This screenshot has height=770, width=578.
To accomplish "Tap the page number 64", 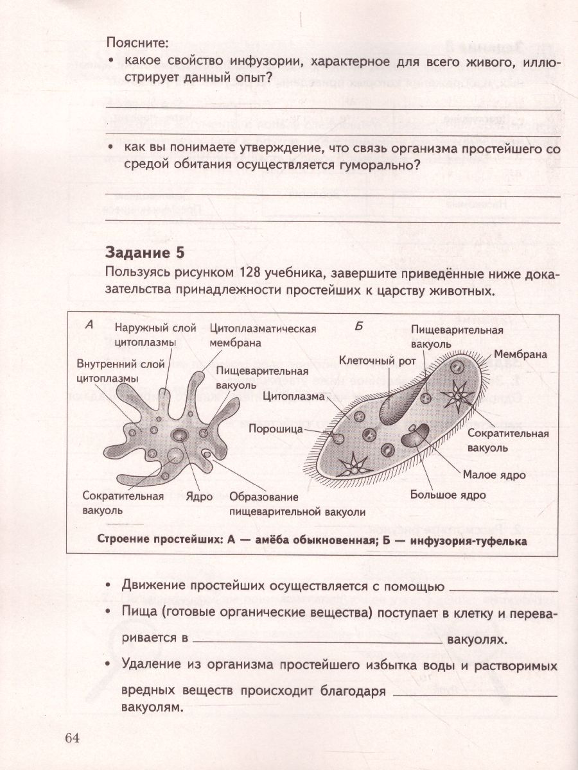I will tap(71, 737).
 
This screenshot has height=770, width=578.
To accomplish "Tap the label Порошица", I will tap(276, 429).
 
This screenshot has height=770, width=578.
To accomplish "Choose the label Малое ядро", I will tap(494, 475).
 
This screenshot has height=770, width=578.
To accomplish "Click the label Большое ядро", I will tap(457, 495).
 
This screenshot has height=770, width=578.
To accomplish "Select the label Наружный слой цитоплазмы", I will tap(155, 335).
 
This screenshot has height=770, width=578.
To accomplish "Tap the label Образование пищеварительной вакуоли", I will tap(297, 504).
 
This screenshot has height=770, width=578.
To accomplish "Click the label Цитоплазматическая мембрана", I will tap(263, 335).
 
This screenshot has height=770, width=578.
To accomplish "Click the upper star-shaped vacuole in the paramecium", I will tap(459, 397).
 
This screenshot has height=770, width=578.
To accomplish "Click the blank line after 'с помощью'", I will tap(504, 588).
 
